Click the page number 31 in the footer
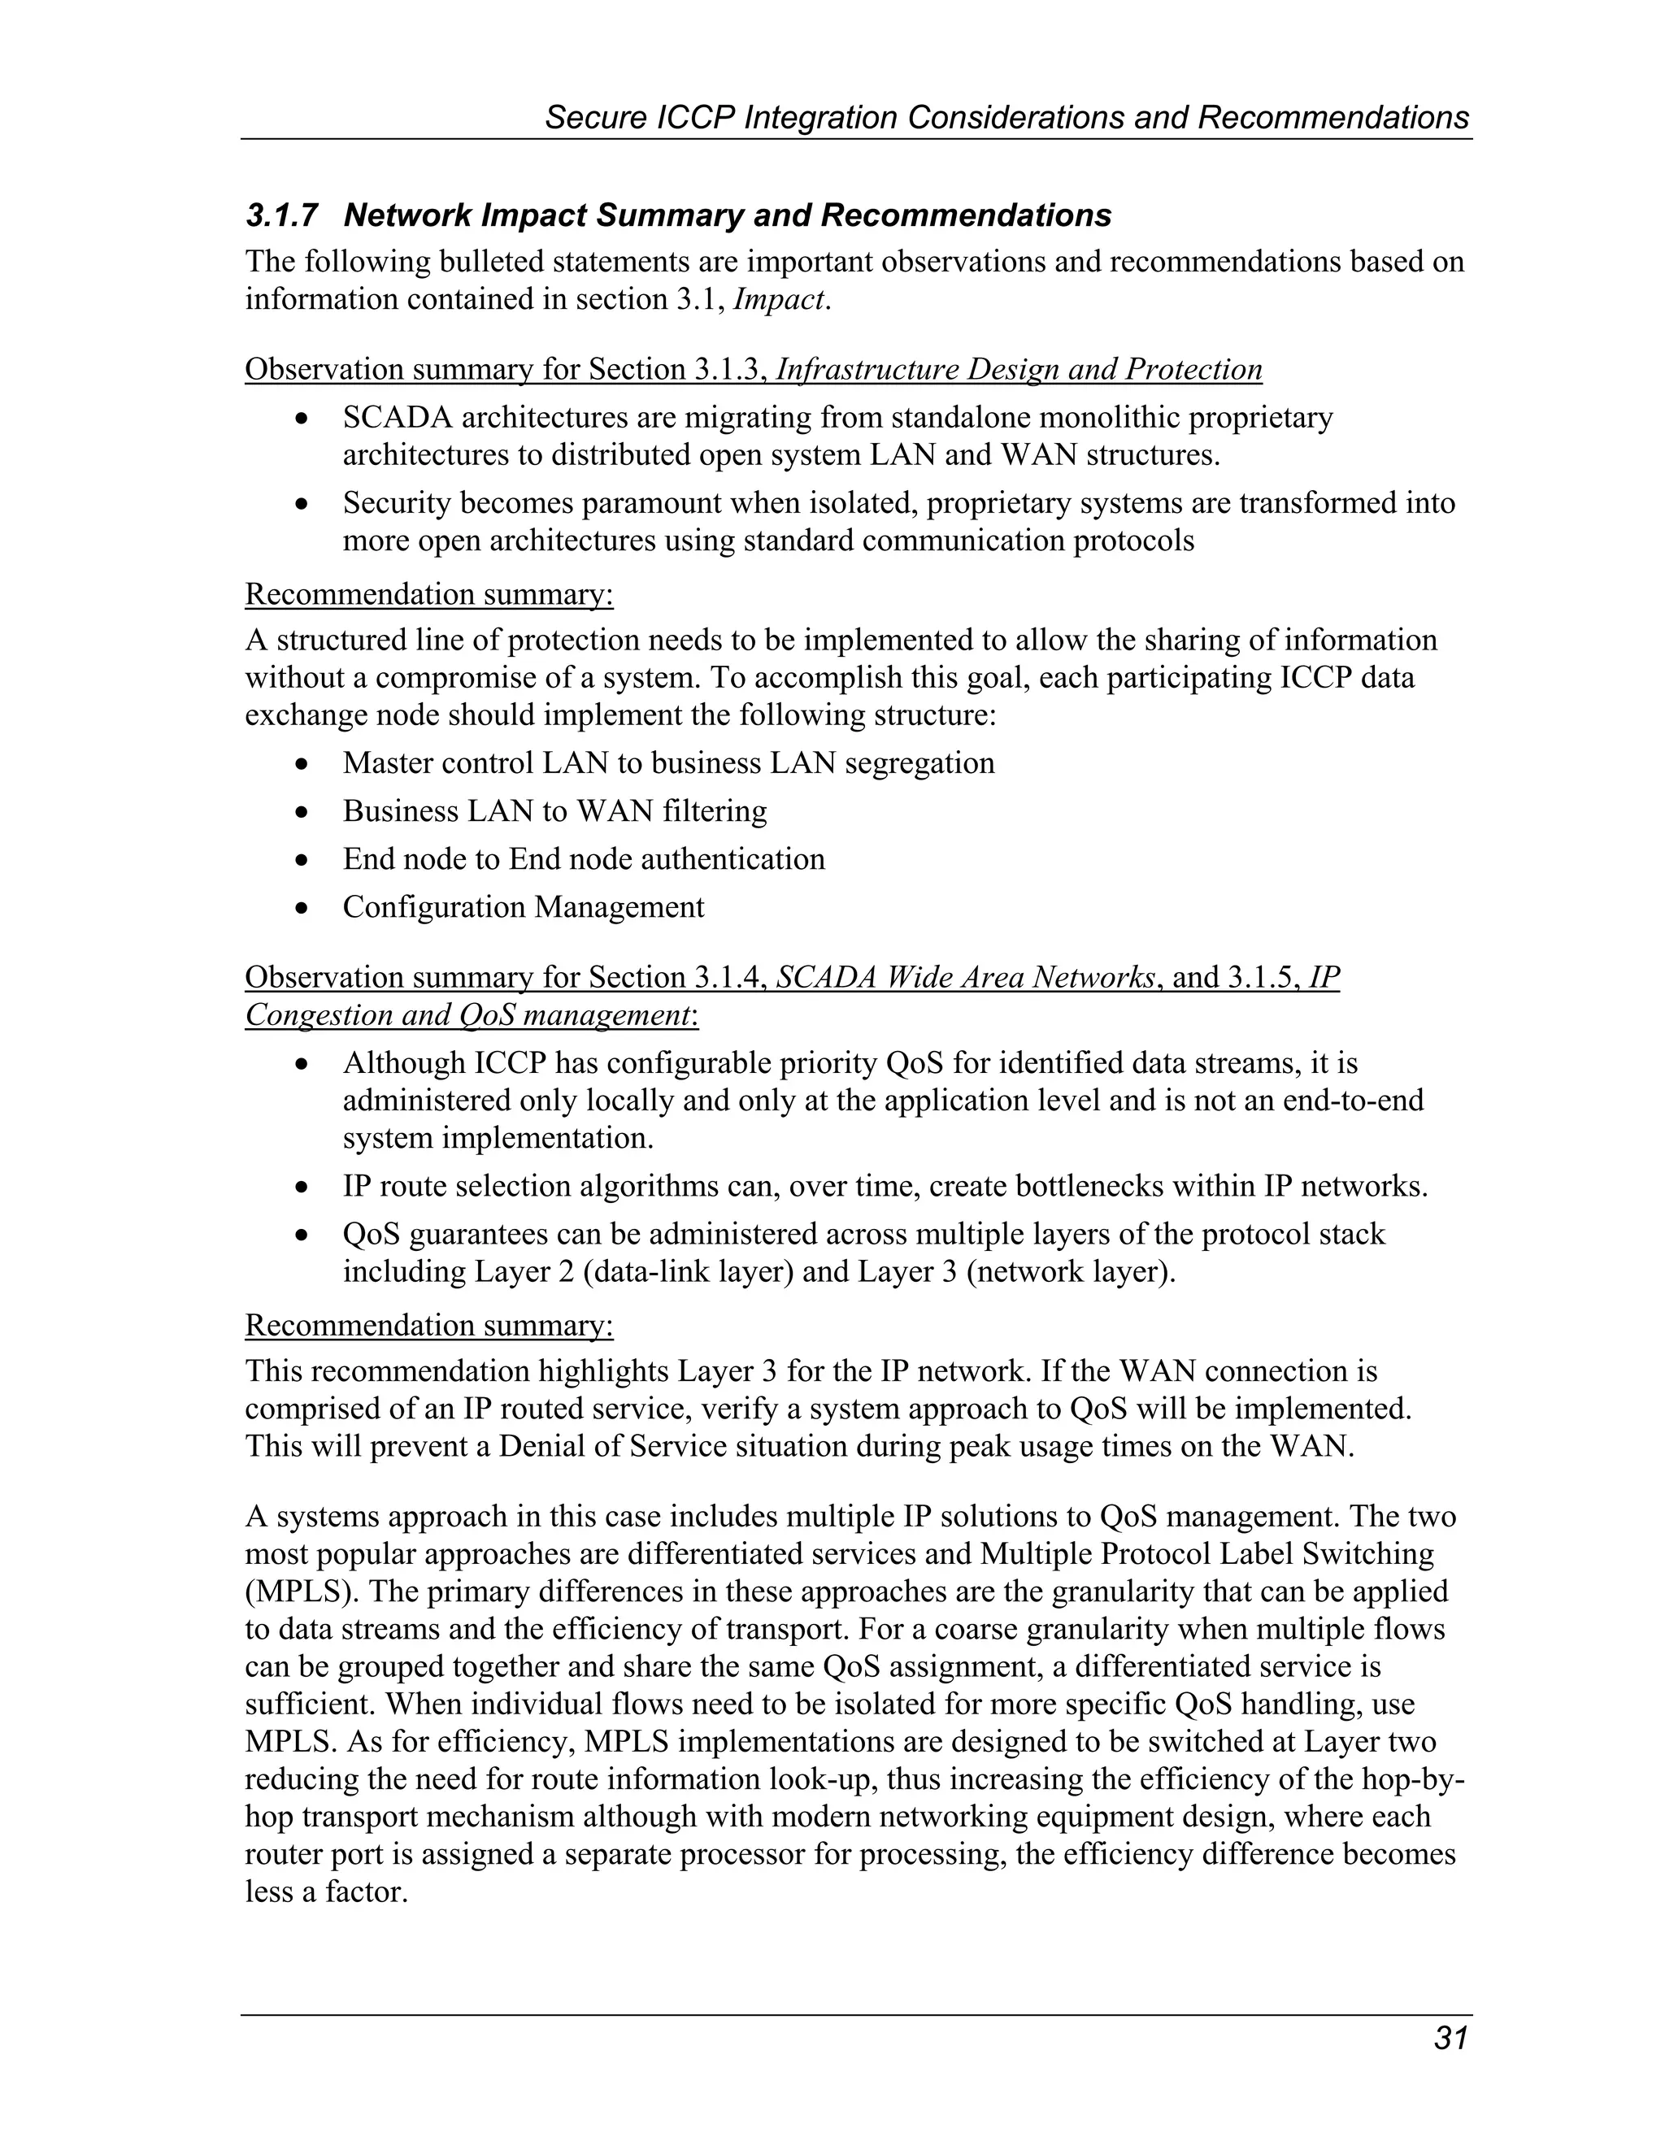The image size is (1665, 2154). tap(1451, 2039)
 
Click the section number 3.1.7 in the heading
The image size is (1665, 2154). tap(282, 215)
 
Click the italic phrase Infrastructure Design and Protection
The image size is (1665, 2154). tap(1019, 369)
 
